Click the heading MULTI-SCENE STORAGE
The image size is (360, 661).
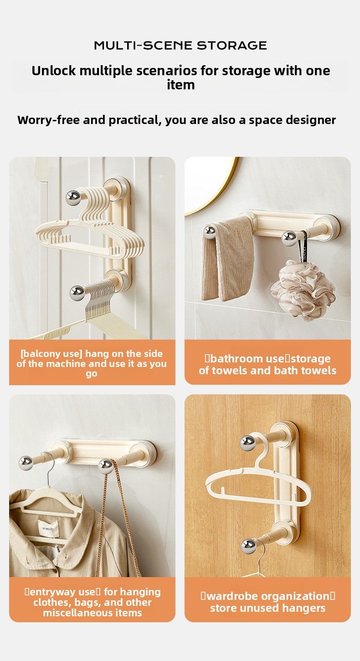point(180,46)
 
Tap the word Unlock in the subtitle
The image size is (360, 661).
point(53,71)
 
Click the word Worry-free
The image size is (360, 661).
point(48,120)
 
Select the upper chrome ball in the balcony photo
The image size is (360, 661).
point(73,197)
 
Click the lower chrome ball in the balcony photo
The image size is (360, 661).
point(77,293)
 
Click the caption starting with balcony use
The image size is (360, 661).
point(92,363)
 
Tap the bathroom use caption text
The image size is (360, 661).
point(267,364)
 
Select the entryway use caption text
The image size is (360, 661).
point(93,602)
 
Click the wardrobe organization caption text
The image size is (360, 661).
point(267,602)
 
